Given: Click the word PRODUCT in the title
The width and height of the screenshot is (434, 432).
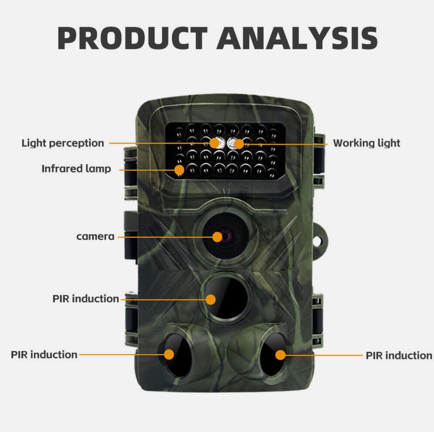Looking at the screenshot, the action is tap(132, 38).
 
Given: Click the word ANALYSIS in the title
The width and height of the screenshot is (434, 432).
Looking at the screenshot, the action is tap(297, 38).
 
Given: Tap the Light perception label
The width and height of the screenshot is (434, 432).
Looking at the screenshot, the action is tap(63, 144).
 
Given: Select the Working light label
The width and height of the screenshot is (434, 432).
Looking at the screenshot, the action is tap(367, 143).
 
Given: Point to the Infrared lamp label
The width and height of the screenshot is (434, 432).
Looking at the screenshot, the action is tap(76, 169).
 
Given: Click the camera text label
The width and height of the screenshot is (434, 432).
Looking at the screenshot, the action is tap(96, 236).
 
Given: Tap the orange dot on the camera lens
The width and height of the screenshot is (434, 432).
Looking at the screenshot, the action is tap(217, 237).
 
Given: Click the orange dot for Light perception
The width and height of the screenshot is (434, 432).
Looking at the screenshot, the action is tap(214, 143).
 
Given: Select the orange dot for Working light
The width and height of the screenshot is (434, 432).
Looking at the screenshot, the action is tap(239, 144).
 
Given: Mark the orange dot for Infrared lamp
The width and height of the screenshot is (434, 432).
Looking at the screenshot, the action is tap(179, 170).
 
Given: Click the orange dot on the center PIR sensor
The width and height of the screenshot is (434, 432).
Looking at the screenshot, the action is tap(211, 300).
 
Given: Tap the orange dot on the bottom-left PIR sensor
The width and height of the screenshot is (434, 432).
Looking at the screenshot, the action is tap(169, 355).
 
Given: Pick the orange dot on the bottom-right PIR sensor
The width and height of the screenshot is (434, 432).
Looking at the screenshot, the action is tap(281, 355).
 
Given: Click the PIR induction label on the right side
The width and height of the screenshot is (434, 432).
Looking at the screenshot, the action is tap(399, 356).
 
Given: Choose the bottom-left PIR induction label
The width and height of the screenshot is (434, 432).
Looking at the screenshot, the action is tap(44, 355).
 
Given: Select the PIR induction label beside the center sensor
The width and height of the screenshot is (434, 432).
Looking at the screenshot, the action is tap(86, 299).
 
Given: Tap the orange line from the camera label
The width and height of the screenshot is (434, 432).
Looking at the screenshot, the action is tap(165, 237).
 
